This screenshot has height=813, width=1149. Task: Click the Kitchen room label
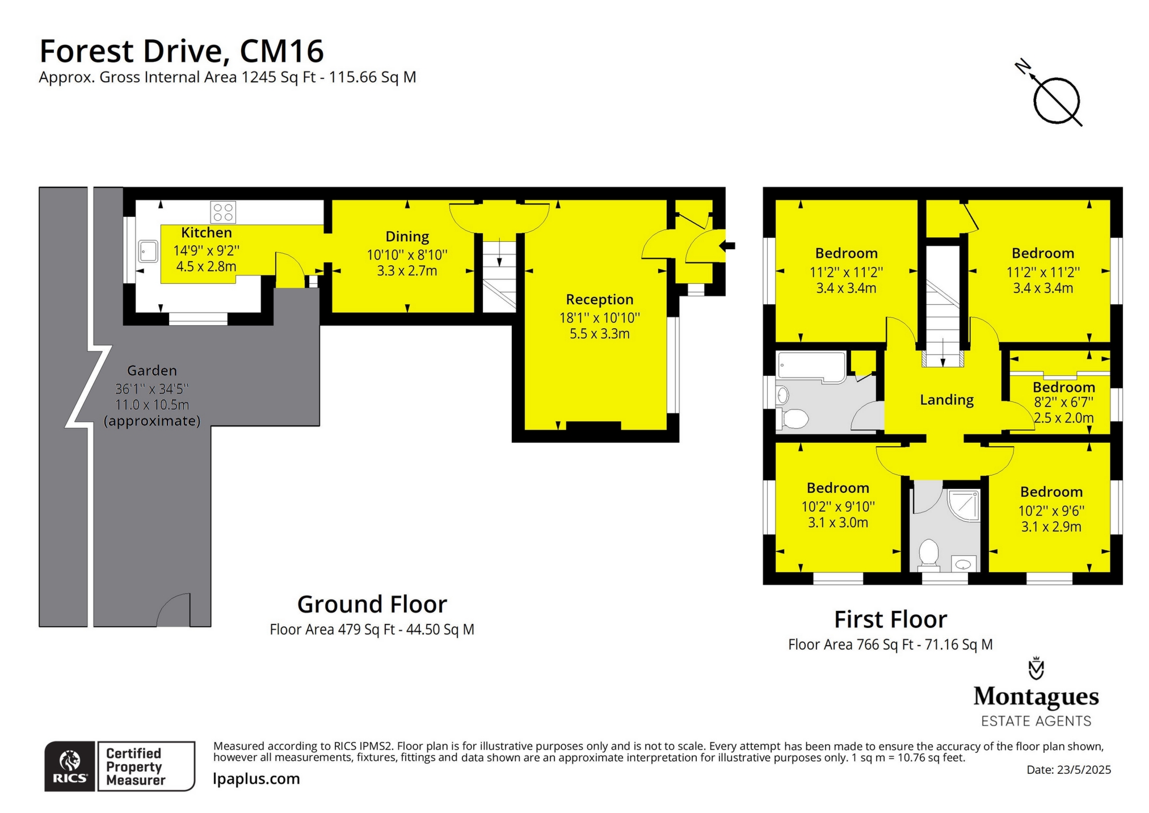pos(206,232)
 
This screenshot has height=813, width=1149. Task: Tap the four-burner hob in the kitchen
pos(223,212)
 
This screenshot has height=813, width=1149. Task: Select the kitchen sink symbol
pos(148,251)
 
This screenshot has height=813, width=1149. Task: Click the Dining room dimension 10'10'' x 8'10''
pos(407,255)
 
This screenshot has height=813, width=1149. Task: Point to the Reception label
pos(599,299)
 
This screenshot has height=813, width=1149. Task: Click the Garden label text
pos(151,371)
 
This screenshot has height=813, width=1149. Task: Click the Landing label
pos(946,400)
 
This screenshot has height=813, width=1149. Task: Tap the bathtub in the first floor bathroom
pos(811,366)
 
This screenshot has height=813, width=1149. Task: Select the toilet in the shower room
pos(929,553)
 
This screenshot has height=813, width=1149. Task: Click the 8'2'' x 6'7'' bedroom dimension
pos(1063,403)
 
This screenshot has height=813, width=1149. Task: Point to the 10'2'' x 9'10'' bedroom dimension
pos(837,506)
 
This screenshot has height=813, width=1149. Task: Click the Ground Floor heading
pos(372,604)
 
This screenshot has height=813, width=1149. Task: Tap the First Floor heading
pos(890,619)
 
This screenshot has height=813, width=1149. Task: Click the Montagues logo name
pos(1036,696)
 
